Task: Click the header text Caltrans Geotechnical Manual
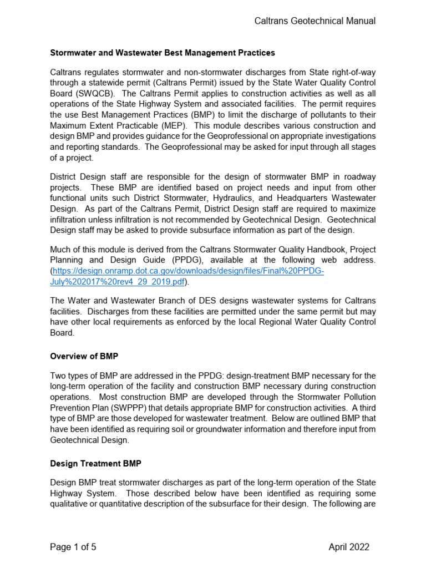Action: click(315, 21)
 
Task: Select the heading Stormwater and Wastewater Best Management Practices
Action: click(163, 53)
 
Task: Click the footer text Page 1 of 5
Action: click(73, 547)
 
